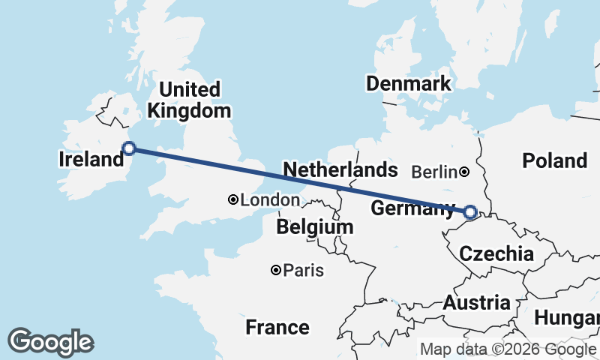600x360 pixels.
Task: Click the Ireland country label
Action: [91, 159]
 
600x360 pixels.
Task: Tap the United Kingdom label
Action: [189, 100]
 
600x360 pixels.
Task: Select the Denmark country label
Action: [409, 83]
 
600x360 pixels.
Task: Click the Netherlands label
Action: [340, 169]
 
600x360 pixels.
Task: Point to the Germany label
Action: [413, 209]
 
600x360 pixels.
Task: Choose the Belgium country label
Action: [314, 226]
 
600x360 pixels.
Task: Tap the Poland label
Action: [555, 160]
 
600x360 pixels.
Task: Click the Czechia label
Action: [496, 253]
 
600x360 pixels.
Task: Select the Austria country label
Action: [476, 303]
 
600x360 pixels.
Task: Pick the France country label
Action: [277, 327]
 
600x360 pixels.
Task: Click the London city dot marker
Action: [233, 199]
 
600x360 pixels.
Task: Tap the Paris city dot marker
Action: [277, 270]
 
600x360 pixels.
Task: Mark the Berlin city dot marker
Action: [465, 172]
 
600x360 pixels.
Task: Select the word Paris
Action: [304, 270]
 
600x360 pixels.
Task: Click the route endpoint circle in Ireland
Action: [129, 148]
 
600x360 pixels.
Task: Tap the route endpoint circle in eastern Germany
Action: [470, 212]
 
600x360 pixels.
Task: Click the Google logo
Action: [50, 342]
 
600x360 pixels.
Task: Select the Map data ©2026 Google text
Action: [507, 349]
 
